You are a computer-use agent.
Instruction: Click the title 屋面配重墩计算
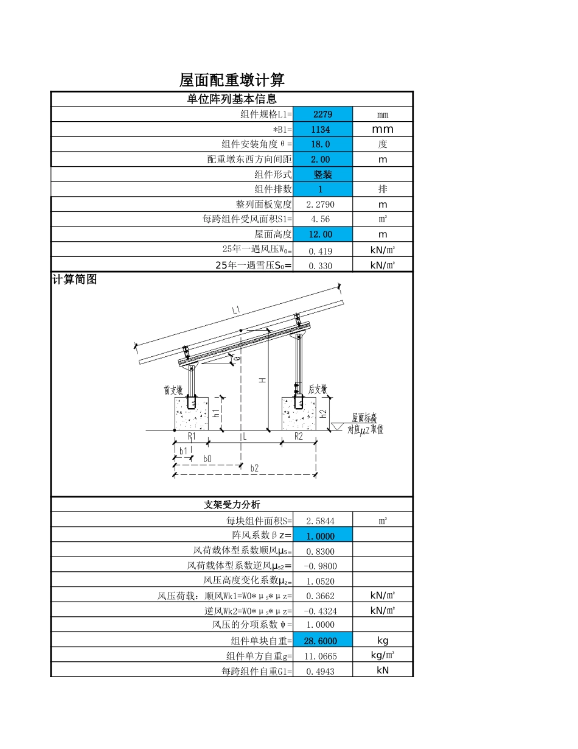point(232,80)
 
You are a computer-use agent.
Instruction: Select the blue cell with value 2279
point(322,114)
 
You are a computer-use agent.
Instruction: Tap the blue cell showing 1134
point(322,129)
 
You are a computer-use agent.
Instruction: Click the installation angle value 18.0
point(322,144)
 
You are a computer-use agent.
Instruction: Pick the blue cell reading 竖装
point(322,174)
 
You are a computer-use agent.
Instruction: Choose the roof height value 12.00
point(322,234)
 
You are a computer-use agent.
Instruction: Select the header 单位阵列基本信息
point(231,99)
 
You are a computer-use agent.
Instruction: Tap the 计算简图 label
point(74,280)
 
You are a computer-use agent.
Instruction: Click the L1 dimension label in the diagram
point(236,311)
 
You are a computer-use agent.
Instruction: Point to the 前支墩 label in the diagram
point(173,390)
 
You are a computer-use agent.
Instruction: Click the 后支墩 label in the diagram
point(318,389)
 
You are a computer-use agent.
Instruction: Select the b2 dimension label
point(254,468)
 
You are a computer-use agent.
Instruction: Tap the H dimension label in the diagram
point(262,380)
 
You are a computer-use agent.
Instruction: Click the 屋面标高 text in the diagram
point(364,418)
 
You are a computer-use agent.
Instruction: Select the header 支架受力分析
point(231,505)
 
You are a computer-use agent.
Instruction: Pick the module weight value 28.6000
point(322,641)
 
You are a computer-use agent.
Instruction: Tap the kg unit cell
point(383,641)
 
